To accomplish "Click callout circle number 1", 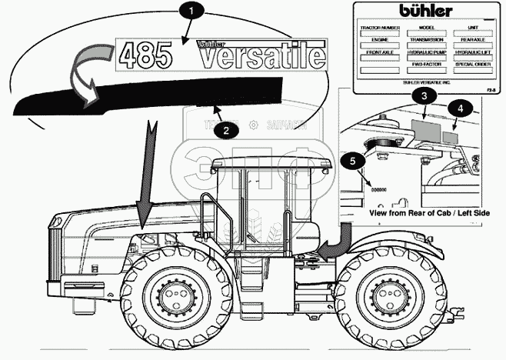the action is point(191,11).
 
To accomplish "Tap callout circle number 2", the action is point(225,130).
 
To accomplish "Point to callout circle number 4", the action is point(458,108).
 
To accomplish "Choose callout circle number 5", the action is point(353,161).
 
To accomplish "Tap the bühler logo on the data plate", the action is point(425,12).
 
